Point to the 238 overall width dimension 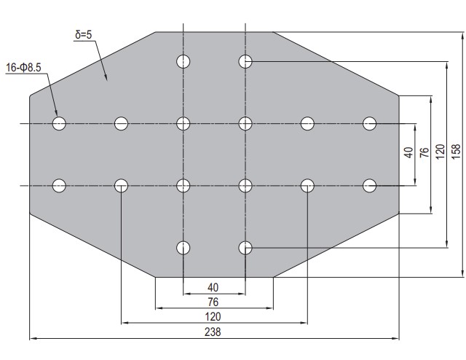213,332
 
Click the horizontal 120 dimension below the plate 213,316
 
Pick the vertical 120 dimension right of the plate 440,152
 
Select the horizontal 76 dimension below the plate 213,302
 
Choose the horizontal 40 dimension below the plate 213,287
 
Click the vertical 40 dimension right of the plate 408,152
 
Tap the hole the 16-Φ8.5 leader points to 59,123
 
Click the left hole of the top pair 183,61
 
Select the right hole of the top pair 245,61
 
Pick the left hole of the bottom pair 183,248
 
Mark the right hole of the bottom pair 245,248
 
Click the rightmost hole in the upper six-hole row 370,123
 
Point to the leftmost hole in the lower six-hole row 59,185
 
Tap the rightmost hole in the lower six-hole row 370,185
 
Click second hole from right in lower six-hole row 308,185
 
